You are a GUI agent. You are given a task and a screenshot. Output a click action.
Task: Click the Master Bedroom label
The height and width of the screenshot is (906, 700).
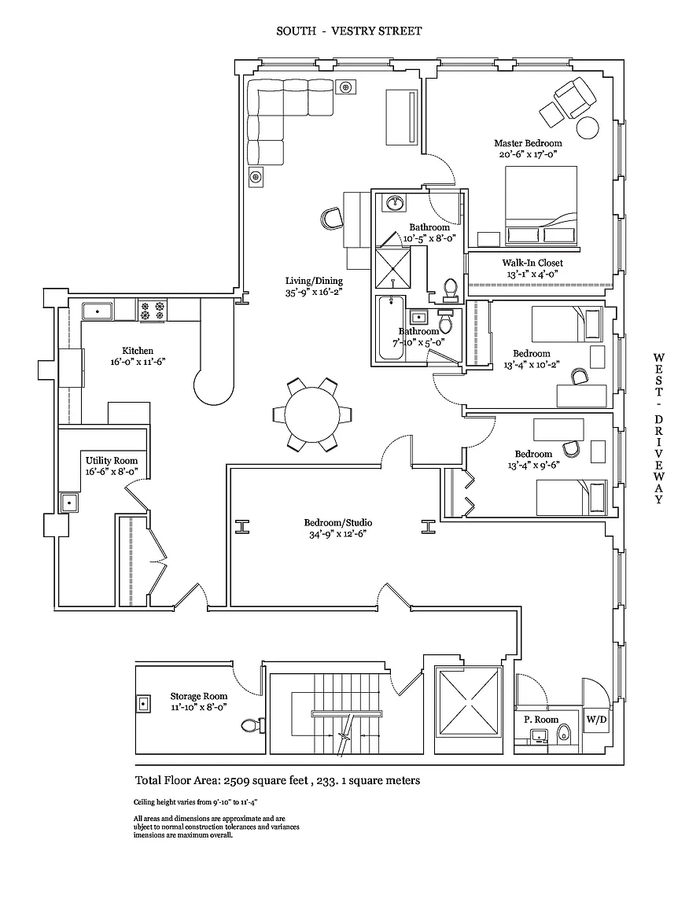click(528, 143)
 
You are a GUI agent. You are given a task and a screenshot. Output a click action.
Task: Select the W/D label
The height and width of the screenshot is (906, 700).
click(595, 719)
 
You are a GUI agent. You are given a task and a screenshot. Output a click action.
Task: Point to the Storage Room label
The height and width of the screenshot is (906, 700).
click(199, 696)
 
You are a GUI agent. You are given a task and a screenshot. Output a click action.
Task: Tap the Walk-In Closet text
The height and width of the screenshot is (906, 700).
click(532, 263)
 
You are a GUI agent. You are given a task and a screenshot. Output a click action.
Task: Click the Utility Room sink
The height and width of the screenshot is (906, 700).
click(69, 502)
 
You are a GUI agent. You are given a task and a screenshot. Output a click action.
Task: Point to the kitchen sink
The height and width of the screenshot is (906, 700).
click(98, 311)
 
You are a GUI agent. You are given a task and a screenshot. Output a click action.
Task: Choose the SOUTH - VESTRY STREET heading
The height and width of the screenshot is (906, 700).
click(349, 31)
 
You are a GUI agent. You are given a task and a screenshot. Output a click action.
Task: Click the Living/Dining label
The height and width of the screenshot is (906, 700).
click(314, 281)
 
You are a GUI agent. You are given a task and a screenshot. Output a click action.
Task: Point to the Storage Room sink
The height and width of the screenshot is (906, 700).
click(145, 703)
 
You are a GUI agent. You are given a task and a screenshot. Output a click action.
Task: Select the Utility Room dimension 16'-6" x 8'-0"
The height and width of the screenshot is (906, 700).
click(112, 472)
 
